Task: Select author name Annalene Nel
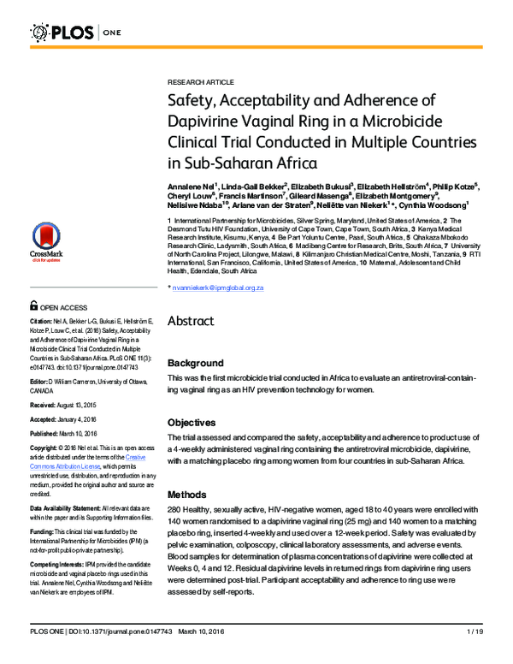tap(192, 185)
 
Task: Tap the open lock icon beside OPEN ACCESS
tap(33, 306)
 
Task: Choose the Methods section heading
tap(187, 495)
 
